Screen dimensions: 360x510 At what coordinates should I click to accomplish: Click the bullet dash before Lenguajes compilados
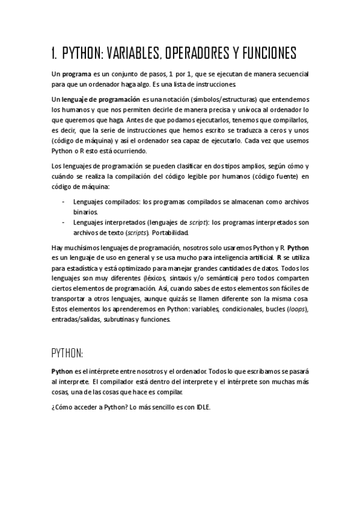64,201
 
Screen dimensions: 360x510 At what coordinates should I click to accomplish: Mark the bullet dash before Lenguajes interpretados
64,222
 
